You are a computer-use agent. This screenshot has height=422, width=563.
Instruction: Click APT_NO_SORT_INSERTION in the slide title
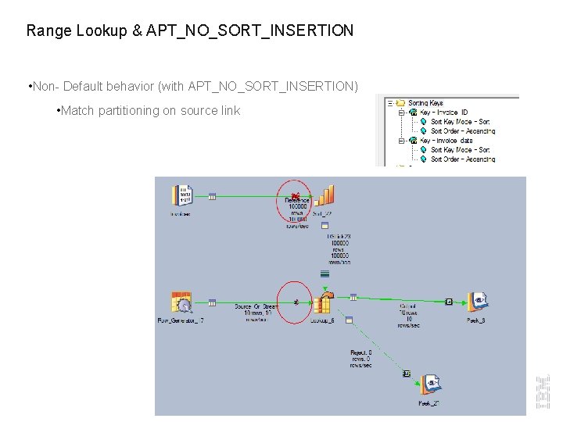click(249, 31)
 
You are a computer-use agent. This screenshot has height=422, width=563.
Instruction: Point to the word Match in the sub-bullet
click(77, 111)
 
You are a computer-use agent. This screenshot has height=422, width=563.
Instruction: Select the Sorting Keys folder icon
click(400, 102)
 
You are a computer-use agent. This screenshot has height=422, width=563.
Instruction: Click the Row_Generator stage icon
click(181, 302)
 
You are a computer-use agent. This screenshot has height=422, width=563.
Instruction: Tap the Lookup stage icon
click(323, 303)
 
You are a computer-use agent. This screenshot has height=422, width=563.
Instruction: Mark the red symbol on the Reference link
click(295, 195)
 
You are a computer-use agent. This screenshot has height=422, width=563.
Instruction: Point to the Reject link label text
click(360, 359)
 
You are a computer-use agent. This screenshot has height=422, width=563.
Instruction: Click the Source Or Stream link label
click(256, 307)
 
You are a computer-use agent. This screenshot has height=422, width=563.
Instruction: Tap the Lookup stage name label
click(322, 320)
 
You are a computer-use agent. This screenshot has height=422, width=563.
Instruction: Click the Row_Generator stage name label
click(181, 320)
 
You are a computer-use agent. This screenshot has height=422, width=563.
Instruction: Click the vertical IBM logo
click(543, 392)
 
